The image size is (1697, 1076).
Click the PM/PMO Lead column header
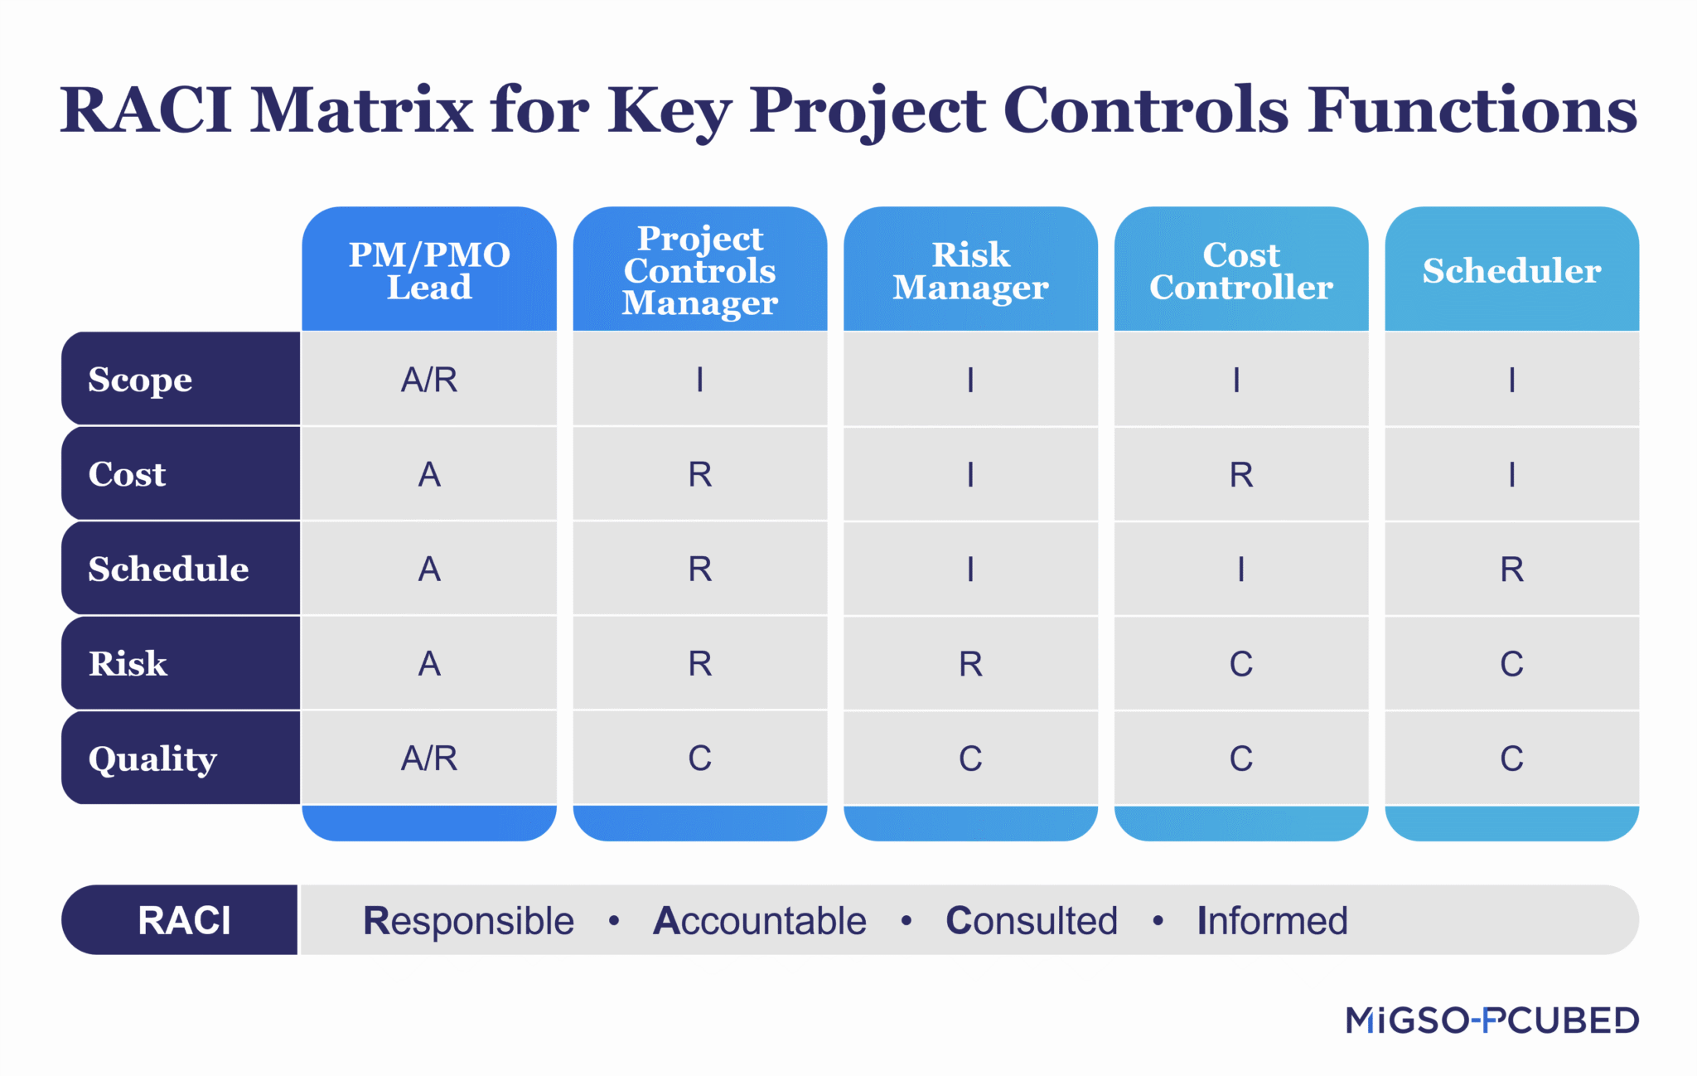click(429, 270)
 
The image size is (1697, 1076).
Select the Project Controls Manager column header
click(700, 270)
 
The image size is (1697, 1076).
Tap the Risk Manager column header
click(970, 270)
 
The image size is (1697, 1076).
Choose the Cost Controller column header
click(1240, 270)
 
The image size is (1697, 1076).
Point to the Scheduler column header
click(1511, 270)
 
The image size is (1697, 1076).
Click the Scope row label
click(140, 380)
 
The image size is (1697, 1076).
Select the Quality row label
click(152, 759)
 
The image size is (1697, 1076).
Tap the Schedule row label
click(168, 569)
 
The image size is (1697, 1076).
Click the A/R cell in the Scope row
click(429, 380)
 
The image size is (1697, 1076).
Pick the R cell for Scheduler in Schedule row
click(1511, 570)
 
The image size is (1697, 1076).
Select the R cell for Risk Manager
click(970, 664)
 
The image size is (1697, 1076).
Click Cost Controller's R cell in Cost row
click(1240, 475)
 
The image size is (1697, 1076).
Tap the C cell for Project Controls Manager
click(700, 759)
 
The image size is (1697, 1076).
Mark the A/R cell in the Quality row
click(429, 759)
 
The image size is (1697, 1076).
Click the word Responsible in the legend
click(468, 921)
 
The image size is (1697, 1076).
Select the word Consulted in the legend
click(1032, 921)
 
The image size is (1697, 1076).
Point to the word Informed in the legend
click(1272, 921)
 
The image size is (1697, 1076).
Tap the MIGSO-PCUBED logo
click(1492, 1020)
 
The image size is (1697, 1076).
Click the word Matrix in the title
click(361, 110)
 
